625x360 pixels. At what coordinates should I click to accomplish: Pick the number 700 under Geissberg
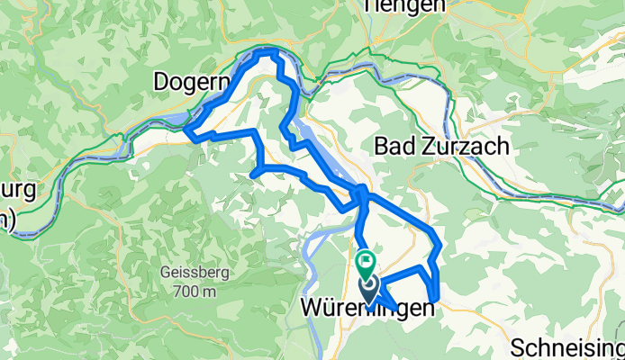186,291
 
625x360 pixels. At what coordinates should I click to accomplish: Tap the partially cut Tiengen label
404,5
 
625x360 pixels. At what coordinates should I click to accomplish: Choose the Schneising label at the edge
568,346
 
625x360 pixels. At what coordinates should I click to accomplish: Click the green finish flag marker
367,264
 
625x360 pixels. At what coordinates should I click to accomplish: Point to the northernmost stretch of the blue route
268,52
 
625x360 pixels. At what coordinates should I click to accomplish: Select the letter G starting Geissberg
166,273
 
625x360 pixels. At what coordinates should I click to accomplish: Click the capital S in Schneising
517,346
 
